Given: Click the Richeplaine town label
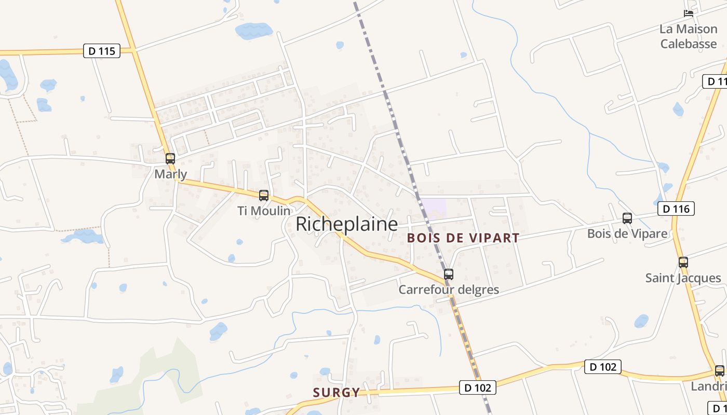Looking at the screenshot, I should [346, 224].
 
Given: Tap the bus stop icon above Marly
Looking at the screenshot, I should [170, 159].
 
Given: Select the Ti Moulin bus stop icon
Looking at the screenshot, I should [264, 196].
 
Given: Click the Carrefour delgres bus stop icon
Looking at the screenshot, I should [449, 274].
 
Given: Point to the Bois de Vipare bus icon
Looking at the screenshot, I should [627, 218].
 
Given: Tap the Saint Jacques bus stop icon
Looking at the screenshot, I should [683, 262].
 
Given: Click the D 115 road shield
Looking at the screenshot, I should [102, 51].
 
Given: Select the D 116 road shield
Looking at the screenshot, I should [676, 209].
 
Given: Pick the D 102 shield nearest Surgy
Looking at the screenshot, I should [478, 388].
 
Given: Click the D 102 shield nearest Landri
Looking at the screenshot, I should [602, 367].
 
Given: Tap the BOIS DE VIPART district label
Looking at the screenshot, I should [463, 238].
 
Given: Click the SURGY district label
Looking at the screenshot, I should [336, 392].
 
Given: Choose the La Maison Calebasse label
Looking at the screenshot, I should [689, 36].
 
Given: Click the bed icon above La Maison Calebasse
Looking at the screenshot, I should [689, 13].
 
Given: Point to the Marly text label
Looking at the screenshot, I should [171, 174].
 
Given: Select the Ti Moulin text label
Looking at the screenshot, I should [264, 211].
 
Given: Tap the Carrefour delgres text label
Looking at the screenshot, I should [449, 289].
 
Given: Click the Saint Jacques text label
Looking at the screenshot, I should [683, 278].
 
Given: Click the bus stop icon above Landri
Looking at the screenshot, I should [720, 371].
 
